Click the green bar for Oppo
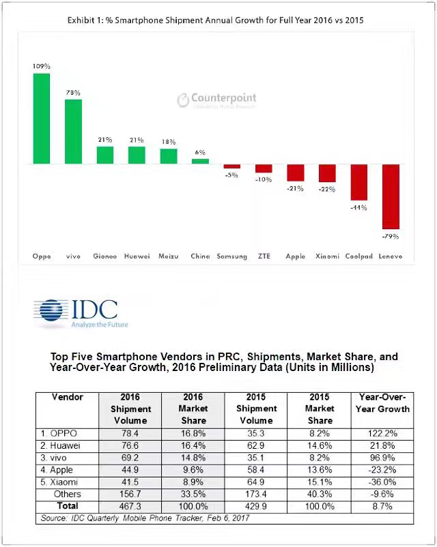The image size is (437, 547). click(41, 119)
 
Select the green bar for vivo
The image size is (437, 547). click(73, 132)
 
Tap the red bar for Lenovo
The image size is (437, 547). click(391, 196)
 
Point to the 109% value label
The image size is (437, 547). click(41, 66)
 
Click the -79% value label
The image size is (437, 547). click(391, 236)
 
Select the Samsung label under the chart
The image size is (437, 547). click(231, 256)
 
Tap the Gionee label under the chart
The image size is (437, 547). click(104, 256)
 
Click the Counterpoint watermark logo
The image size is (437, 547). click(216, 100)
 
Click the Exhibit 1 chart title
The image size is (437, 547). click(215, 20)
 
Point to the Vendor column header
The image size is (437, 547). click(67, 397)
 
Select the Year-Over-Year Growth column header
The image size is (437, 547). click(384, 403)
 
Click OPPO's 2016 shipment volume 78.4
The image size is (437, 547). click(130, 432)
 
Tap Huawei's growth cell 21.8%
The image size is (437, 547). click(384, 444)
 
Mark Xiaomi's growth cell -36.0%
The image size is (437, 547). click(384, 482)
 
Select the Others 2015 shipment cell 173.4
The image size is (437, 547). click(256, 494)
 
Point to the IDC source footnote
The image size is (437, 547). click(145, 518)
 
